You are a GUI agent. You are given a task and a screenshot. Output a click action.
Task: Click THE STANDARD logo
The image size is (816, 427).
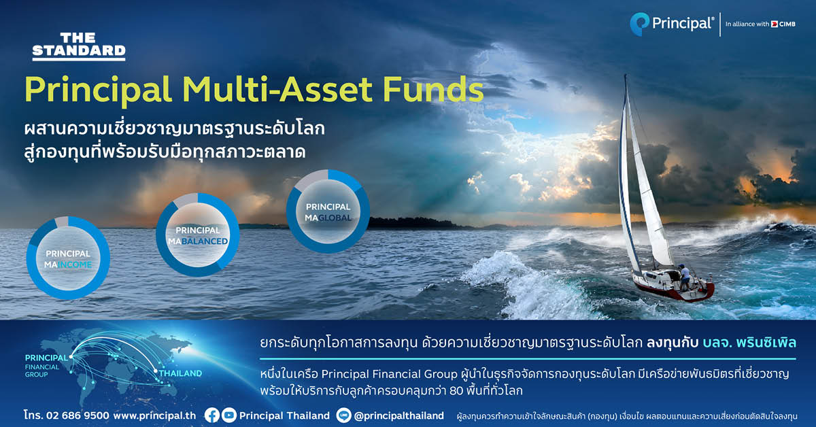pos(79,46)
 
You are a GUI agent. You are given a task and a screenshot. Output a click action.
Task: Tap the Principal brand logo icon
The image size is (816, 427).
pos(639,24)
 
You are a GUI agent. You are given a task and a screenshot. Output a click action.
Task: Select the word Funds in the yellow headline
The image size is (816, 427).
pos(432,89)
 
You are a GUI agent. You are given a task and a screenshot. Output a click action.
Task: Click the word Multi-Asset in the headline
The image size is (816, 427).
pos(277,89)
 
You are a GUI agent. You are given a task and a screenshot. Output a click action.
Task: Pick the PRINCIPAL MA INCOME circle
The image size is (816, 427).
pos(68,258)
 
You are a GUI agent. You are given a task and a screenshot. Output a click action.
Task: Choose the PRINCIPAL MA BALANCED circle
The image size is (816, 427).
pos(198,235)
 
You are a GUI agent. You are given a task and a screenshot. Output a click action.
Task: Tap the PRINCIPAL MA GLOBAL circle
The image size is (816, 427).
pos(328,211)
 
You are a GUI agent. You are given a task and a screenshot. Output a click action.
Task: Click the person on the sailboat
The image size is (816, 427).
pos(684,277)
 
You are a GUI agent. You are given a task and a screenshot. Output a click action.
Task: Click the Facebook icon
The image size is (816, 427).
pos(212,415)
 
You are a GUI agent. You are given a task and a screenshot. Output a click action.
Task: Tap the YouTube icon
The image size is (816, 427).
pos(229,415)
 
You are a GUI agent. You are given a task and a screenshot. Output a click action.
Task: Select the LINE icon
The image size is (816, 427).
pos(343,415)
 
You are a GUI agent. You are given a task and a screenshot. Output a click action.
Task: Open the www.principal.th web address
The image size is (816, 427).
pos(154,415)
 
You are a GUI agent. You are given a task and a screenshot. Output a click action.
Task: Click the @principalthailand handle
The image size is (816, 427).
pos(399,415)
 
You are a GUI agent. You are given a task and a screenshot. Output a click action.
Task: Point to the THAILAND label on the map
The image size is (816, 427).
pos(180,373)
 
